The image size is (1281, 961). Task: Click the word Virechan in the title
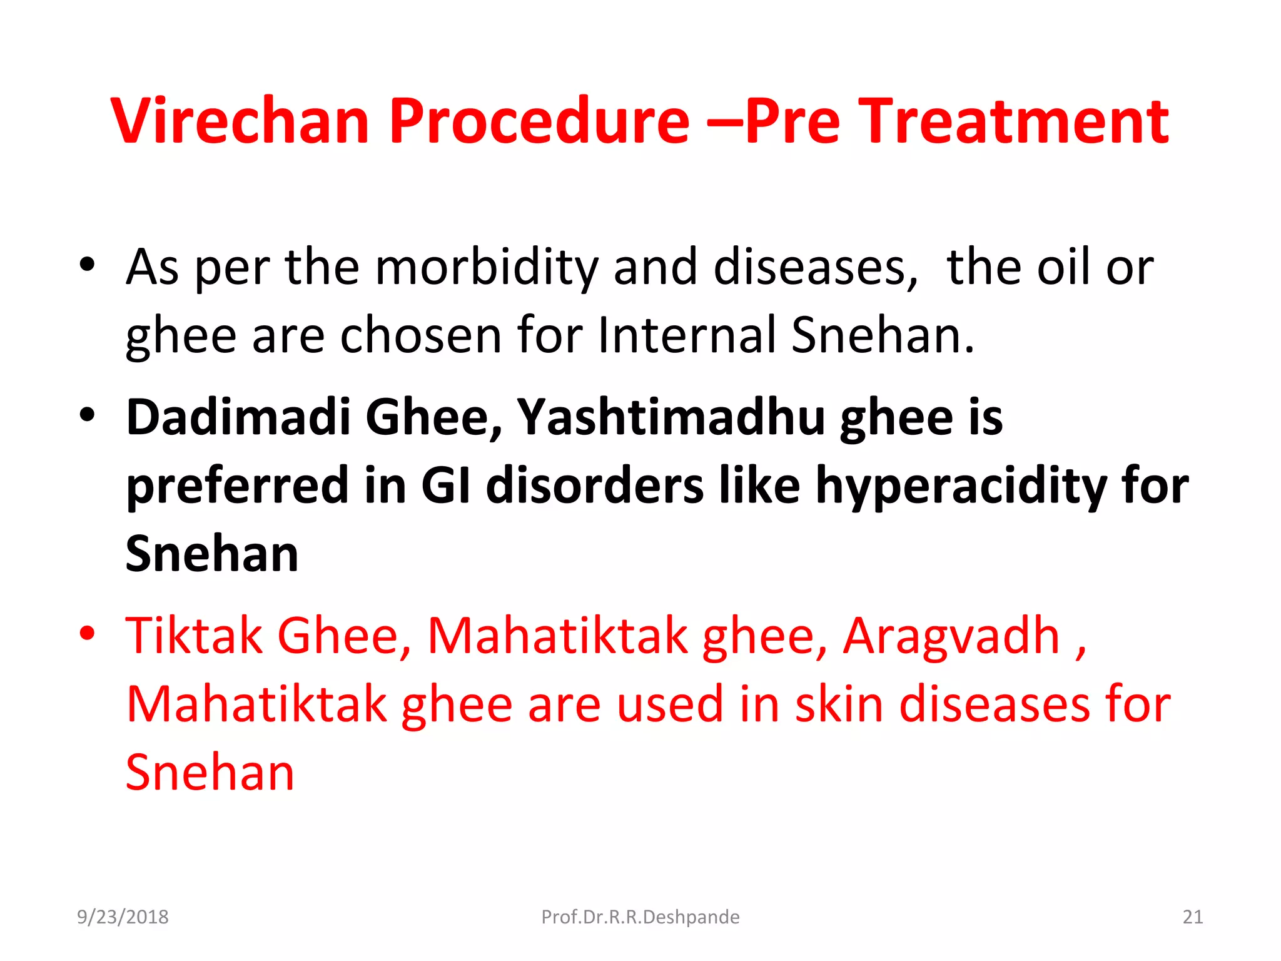point(240,121)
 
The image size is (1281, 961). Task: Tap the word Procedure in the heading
point(539,121)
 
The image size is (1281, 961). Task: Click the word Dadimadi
point(238,417)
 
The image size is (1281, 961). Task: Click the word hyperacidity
point(961,487)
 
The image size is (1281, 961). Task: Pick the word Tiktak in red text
point(194,636)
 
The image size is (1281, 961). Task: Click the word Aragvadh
point(951,636)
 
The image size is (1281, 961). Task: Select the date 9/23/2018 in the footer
point(123,917)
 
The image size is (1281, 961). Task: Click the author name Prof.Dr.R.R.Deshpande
point(640,917)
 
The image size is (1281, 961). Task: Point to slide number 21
point(1192,917)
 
